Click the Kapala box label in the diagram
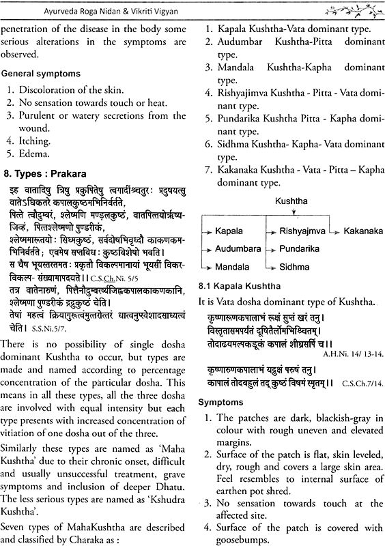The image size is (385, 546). (229, 231)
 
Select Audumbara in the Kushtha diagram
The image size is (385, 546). (238, 249)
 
